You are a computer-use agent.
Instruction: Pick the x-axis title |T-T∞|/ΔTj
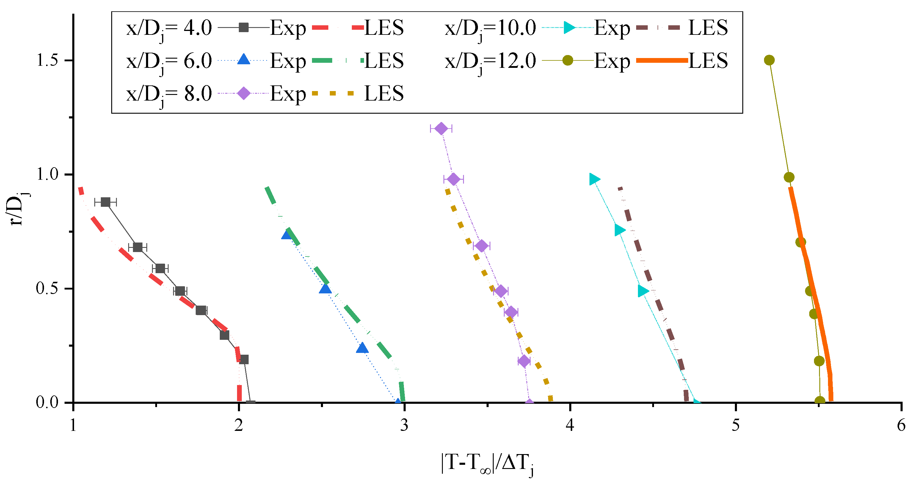[487, 464]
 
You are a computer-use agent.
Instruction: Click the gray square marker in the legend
[244, 27]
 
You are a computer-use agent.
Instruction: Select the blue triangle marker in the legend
[244, 60]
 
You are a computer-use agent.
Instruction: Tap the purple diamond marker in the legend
[244, 93]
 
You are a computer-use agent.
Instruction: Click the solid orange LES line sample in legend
[662, 60]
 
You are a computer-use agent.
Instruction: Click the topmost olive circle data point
[769, 60]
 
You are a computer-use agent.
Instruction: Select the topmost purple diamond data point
[441, 129]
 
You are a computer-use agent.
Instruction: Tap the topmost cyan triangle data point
[594, 179]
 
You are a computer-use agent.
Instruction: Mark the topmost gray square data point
[105, 202]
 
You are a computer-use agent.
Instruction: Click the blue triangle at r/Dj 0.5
[325, 289]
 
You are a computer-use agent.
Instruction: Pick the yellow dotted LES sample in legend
[333, 93]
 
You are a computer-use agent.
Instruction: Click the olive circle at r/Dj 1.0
[789, 177]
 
